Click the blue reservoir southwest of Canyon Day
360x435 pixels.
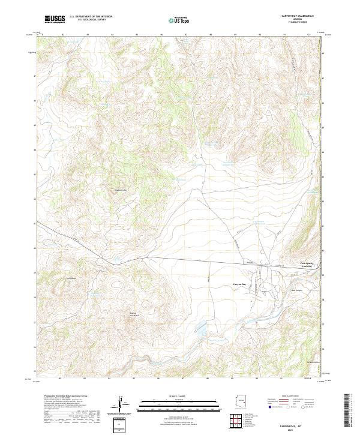(x=199, y=329)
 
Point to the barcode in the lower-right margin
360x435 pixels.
(x=346, y=411)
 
